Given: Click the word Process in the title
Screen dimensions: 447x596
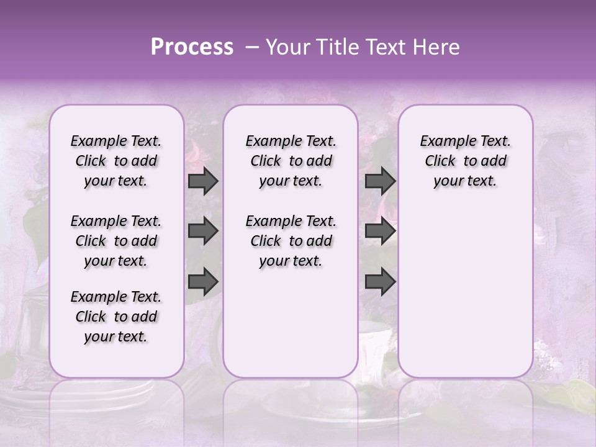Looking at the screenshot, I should pos(191,47).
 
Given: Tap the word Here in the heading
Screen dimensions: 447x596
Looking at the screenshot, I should pos(436,47).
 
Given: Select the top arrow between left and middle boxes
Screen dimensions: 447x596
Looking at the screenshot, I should pos(203,181).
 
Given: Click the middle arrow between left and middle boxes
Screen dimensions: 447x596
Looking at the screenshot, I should pos(203,232).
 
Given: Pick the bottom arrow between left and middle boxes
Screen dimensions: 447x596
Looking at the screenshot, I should pos(203,281).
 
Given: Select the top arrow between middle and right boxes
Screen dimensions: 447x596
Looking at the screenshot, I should pos(380,181).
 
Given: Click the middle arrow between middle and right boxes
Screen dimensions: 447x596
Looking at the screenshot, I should pos(380,232).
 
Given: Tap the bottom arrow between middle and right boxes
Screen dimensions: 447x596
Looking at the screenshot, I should pos(380,281).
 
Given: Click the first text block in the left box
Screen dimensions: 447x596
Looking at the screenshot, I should pos(116,161).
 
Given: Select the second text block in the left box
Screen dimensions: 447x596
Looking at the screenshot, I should pos(116,241).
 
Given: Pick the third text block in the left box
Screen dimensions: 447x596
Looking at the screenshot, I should pos(116,317).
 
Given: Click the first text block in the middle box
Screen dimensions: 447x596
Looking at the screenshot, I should pos(291,161).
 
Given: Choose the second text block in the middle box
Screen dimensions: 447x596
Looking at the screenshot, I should pos(291,241).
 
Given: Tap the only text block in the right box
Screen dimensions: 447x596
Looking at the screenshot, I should pos(465,161).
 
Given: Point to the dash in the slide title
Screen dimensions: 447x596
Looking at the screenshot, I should pos(251,47).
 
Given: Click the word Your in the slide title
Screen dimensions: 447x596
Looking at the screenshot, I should pos(284,47).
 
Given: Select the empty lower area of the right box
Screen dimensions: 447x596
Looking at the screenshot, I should pos(465,292).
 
